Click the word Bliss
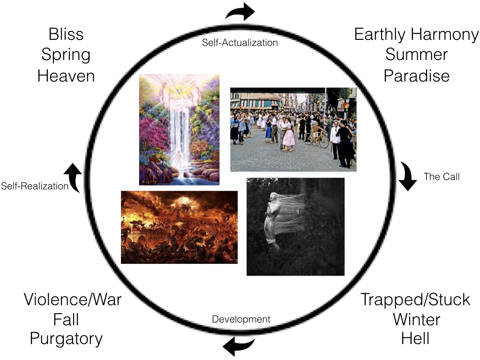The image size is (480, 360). (x=66, y=34)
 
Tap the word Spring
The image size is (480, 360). (x=66, y=55)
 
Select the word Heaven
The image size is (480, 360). (x=66, y=75)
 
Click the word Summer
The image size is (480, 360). (x=416, y=54)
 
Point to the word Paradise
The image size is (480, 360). (x=416, y=75)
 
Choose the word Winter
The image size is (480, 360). (x=416, y=320)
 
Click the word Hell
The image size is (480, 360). (x=415, y=338)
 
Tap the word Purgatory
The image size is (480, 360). (x=66, y=338)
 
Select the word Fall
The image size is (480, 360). (x=66, y=320)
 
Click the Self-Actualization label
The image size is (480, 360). (x=240, y=43)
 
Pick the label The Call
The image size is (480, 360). (x=442, y=177)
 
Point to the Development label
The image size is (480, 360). (x=241, y=320)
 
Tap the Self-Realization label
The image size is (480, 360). (x=35, y=186)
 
